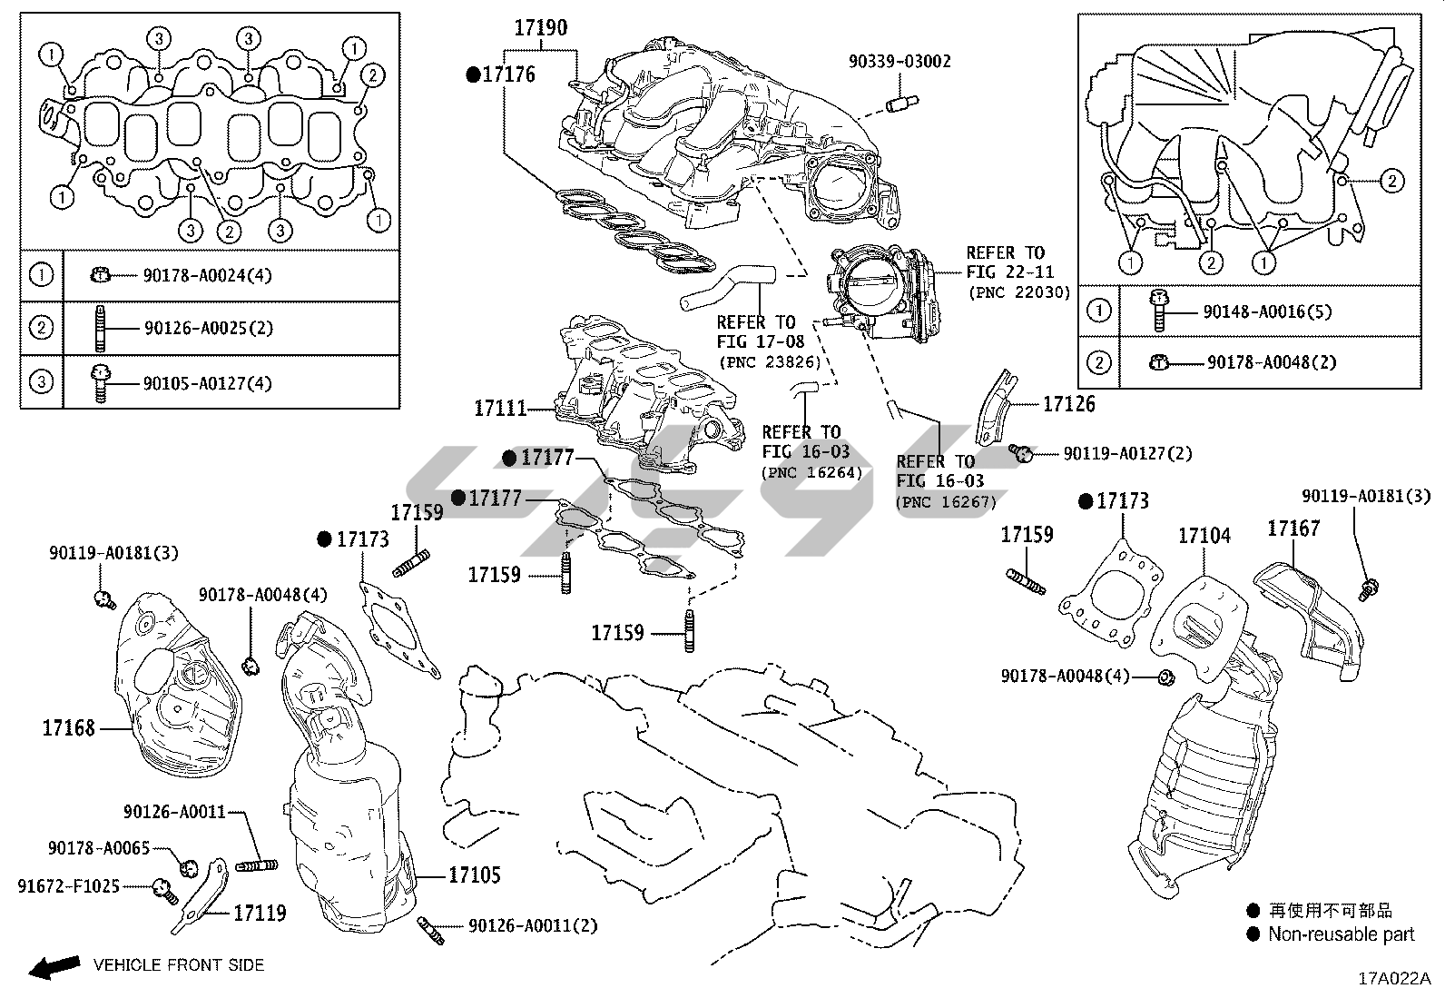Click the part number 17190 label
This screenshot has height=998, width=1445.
click(540, 27)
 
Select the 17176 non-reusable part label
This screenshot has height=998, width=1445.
click(508, 74)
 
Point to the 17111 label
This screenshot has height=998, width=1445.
click(500, 409)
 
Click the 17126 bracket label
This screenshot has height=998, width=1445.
click(1068, 404)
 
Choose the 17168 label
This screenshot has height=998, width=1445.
click(68, 727)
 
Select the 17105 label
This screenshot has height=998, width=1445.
click(475, 875)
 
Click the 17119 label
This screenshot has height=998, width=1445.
click(260, 913)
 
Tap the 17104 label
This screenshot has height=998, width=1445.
click(1204, 536)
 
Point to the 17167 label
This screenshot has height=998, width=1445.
click(1293, 528)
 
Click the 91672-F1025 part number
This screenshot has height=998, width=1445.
click(68, 885)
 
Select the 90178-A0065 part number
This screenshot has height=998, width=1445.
click(99, 847)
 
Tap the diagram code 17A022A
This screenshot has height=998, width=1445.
click(1393, 979)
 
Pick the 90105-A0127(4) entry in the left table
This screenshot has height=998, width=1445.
click(208, 383)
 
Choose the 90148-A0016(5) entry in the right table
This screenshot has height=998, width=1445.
click(1267, 311)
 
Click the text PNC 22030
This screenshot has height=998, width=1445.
click(1019, 292)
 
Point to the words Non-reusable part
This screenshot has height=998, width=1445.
click(1341, 934)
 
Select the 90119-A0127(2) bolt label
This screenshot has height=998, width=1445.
click(1127, 452)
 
